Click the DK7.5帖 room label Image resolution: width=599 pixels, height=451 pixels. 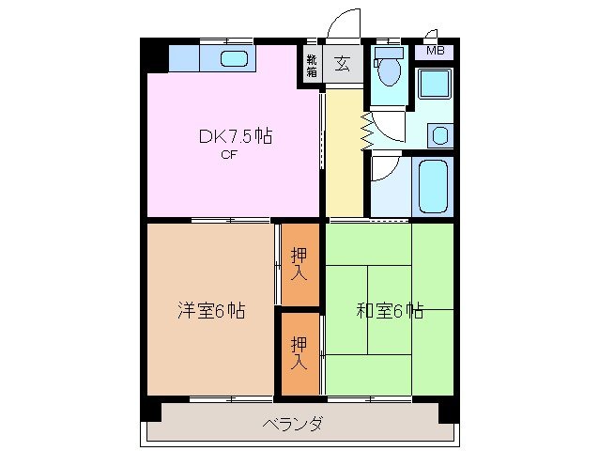click(235, 137)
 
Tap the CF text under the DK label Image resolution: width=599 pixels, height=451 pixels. click(228, 156)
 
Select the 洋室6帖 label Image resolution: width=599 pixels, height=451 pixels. click(212, 310)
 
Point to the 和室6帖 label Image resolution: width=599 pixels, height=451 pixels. click(390, 310)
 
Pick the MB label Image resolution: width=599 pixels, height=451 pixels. click(436, 51)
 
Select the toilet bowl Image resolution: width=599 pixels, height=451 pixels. click(388, 70)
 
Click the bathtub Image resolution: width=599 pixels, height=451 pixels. click(434, 185)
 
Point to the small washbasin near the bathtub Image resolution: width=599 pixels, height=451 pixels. click(438, 135)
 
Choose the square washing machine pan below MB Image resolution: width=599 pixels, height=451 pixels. click(434, 84)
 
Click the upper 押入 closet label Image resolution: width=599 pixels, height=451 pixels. click(299, 263)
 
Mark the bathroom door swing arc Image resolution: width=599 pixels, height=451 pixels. click(384, 170)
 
